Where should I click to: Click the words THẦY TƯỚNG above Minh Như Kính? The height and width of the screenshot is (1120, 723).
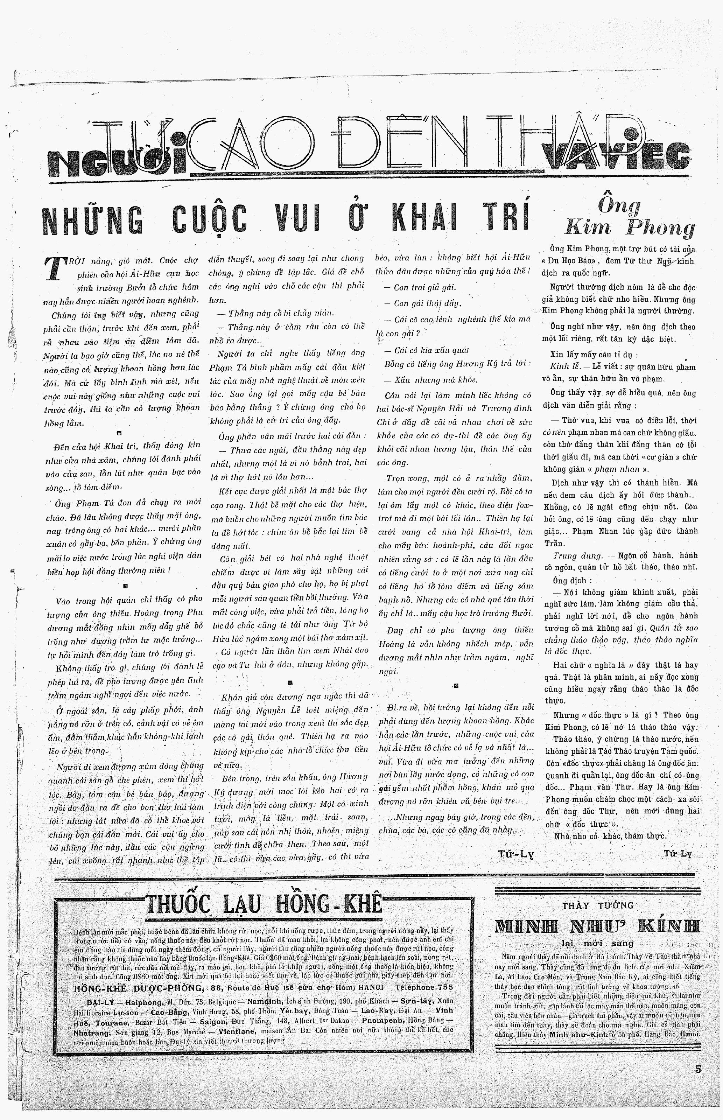tap(598, 905)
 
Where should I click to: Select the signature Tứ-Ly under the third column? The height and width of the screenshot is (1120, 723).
tap(516, 854)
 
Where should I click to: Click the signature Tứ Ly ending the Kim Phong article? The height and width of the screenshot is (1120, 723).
tap(678, 853)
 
